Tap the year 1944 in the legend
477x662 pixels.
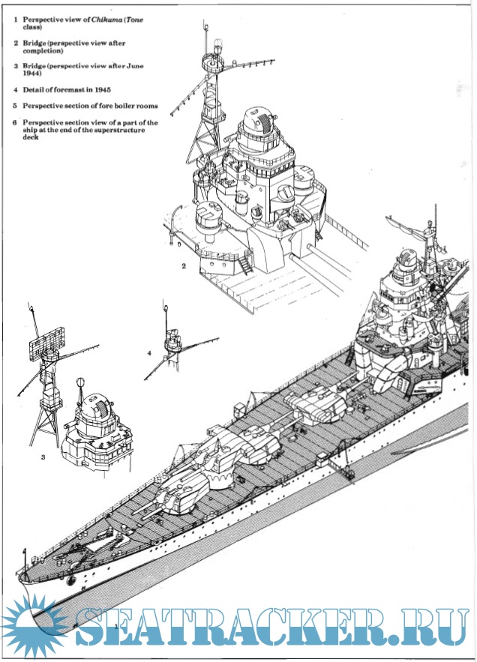pos(31,75)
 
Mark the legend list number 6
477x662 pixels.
pos(15,122)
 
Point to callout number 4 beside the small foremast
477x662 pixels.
pos(149,352)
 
